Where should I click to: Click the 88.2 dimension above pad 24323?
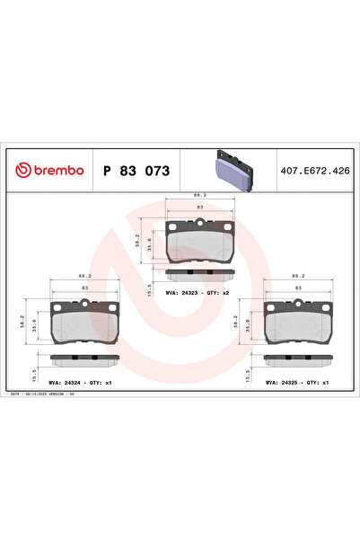tap(200, 193)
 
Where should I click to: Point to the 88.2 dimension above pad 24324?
tap(84, 276)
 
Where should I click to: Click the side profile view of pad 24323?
tap(200, 273)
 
